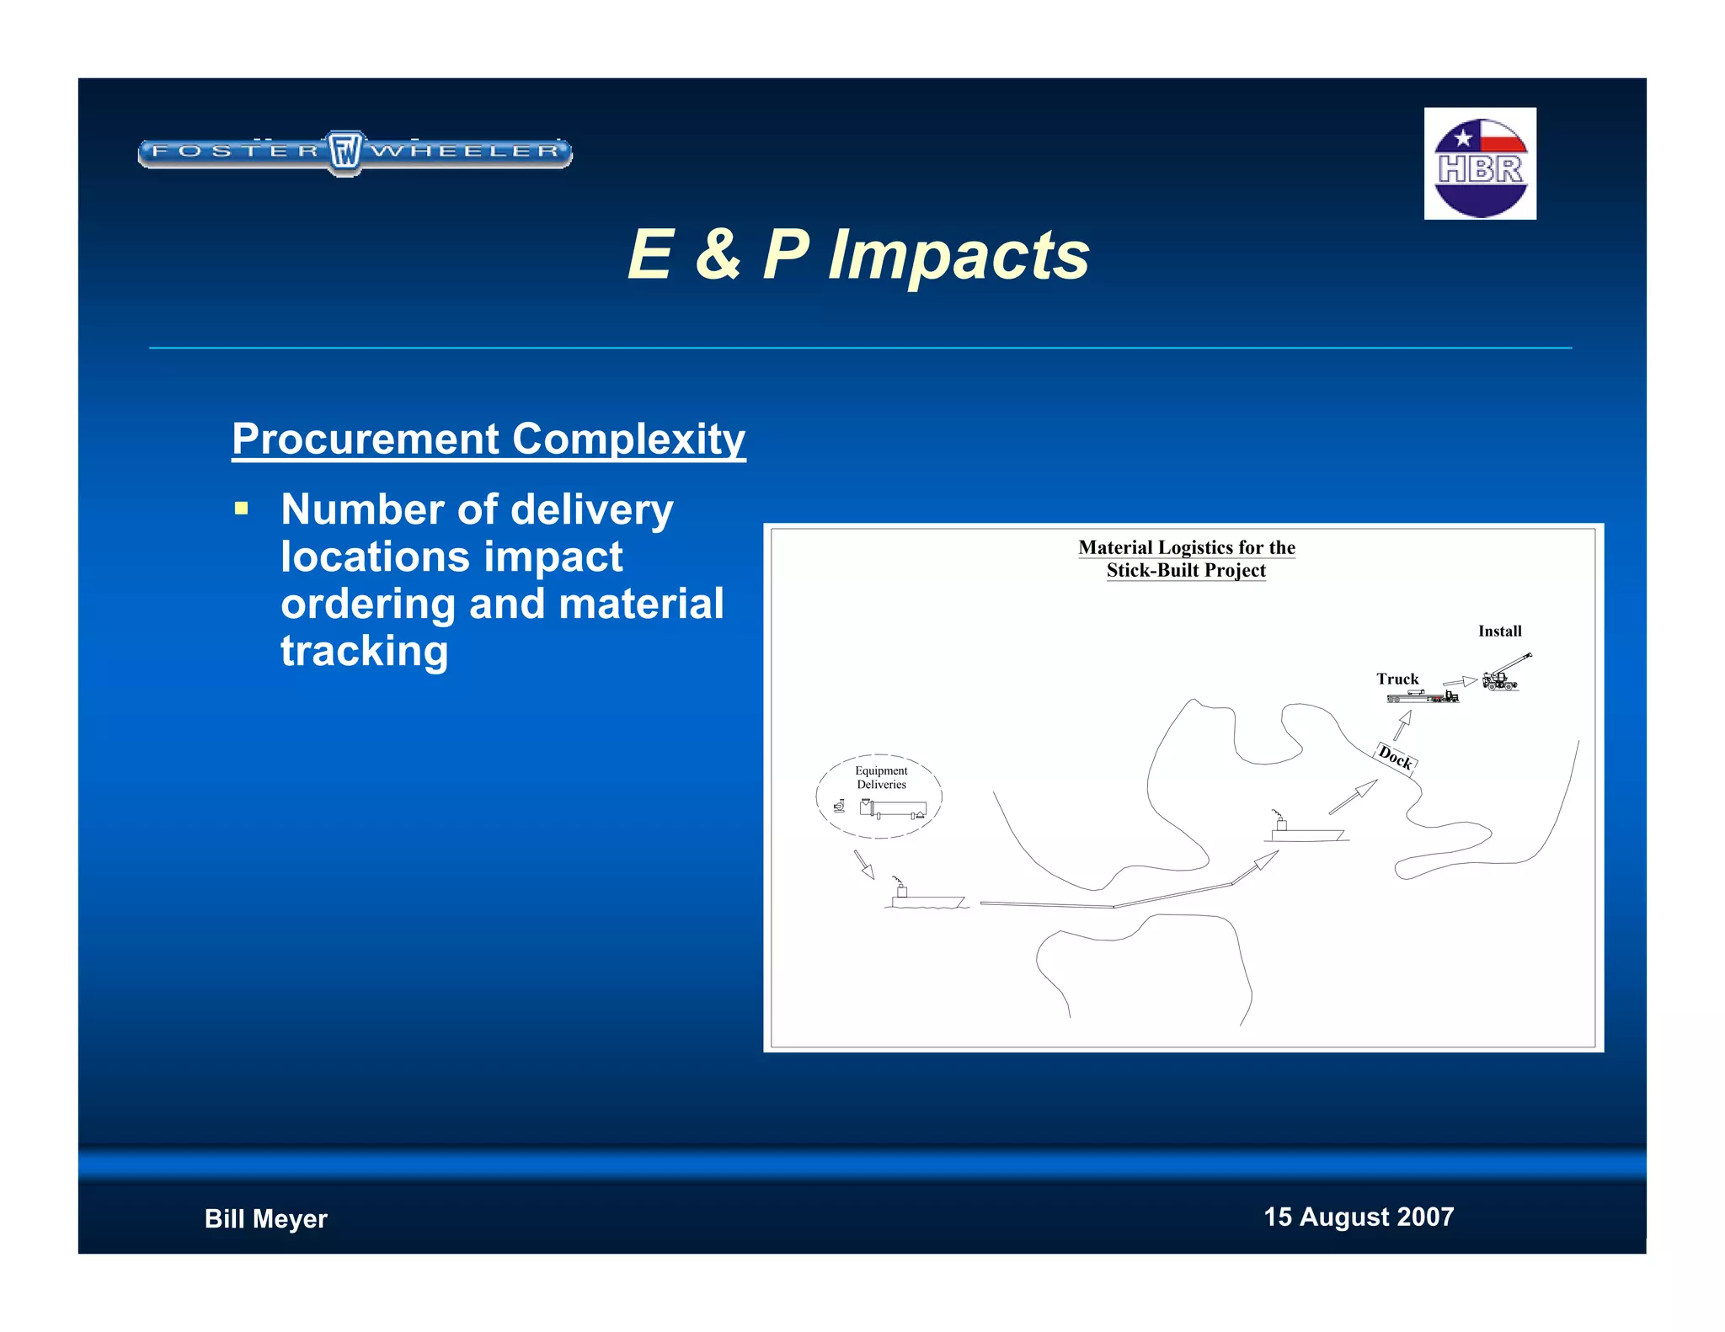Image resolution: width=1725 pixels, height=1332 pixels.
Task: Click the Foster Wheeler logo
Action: tap(355, 153)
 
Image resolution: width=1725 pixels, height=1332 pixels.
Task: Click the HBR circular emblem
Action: tap(1480, 167)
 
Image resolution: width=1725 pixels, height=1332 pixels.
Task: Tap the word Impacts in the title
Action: tap(958, 255)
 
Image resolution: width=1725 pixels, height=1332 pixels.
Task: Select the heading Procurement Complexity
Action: tap(489, 439)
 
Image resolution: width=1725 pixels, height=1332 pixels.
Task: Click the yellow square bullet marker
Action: tap(242, 509)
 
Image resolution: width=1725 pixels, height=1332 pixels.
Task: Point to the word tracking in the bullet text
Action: tap(364, 650)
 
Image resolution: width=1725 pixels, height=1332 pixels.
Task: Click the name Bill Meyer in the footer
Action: tap(265, 1218)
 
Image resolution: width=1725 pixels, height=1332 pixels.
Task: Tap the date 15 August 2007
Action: tap(1358, 1217)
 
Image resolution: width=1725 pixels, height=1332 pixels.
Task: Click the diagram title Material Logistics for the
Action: tap(1186, 548)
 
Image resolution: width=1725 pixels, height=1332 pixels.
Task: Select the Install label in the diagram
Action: tap(1499, 631)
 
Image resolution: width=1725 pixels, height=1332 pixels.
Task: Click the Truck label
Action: tap(1397, 679)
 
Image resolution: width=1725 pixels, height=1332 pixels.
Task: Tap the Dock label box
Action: tap(1395, 758)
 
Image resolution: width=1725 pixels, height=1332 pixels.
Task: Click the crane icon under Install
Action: tap(1504, 674)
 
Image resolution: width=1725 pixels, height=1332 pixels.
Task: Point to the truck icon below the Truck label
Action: tap(1423, 696)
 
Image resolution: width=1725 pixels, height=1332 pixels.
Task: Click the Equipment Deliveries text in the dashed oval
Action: tap(881, 777)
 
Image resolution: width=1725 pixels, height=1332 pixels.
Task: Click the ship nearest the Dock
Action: tap(1304, 830)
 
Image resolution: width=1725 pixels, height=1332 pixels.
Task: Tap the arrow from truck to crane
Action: tap(1460, 681)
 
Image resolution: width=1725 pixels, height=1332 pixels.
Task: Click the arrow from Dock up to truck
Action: tap(1402, 725)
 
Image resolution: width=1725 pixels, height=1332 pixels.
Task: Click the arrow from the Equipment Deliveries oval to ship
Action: tap(864, 864)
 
